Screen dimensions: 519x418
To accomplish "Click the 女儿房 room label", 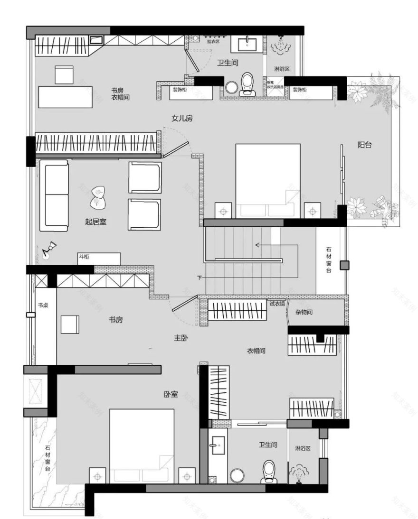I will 182,118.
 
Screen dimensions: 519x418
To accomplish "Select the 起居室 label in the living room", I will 95,222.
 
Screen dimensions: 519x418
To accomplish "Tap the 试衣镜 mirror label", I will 277,304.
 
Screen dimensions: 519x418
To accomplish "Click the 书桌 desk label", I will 43,305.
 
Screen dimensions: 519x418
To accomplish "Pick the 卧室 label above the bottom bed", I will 171,393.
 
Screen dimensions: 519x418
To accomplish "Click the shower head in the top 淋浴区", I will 278,46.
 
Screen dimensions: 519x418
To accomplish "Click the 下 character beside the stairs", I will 199,278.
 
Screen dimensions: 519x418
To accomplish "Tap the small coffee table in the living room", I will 98,196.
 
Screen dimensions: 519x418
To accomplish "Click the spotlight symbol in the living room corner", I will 48,250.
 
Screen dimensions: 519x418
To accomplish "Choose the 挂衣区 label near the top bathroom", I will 213,41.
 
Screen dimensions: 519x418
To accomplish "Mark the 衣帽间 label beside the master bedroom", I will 256,351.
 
